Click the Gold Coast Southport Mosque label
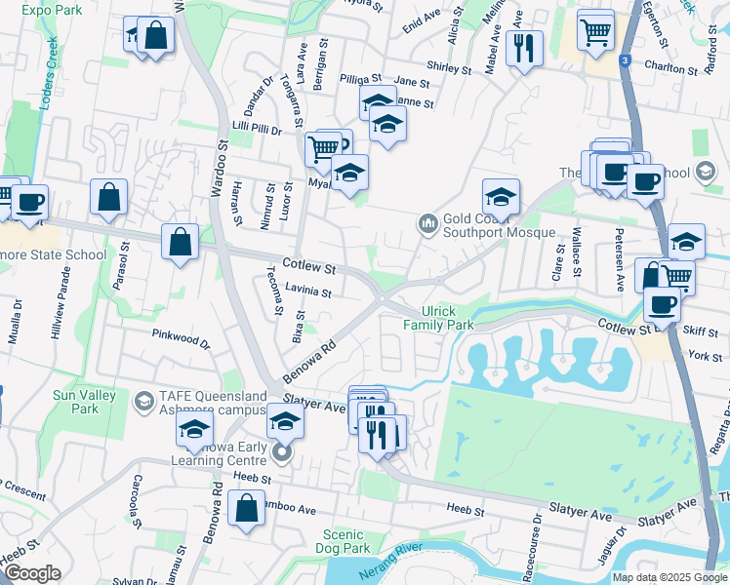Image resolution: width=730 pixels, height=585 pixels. [x=498, y=226]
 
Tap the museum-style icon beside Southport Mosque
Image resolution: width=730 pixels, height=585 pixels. [x=426, y=225]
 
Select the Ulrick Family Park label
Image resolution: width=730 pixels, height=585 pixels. [x=438, y=317]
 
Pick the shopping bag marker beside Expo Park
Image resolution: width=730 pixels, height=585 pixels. [x=155, y=36]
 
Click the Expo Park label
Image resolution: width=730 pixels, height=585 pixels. [x=50, y=8]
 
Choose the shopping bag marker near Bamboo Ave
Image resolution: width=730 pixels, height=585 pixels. [x=246, y=508]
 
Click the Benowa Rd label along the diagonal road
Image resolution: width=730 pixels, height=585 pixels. [x=308, y=359]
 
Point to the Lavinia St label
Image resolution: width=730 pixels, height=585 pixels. [x=308, y=292]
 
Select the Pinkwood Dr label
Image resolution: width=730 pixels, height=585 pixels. [x=181, y=337]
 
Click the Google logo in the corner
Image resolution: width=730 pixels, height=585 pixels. [x=32, y=572]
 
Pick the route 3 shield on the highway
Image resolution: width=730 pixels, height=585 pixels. [x=623, y=60]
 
